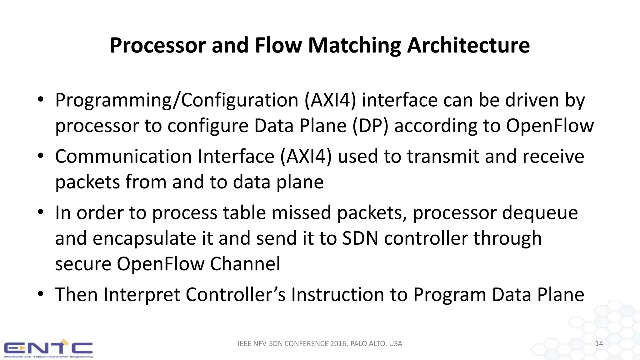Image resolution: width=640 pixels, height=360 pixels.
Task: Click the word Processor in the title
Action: tap(158, 46)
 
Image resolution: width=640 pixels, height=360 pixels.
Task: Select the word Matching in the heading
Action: tap(354, 46)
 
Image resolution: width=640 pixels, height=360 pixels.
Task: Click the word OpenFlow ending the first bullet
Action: tap(550, 126)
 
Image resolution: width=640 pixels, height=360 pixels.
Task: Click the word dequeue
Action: tap(540, 213)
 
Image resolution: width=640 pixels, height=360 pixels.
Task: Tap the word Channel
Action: tap(245, 264)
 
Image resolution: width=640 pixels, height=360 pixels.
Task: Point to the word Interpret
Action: tap(142, 295)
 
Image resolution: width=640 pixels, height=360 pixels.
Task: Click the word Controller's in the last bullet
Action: tap(235, 295)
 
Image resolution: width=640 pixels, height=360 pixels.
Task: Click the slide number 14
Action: tap(599, 344)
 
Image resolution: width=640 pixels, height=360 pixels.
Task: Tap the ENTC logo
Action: tap(48, 348)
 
